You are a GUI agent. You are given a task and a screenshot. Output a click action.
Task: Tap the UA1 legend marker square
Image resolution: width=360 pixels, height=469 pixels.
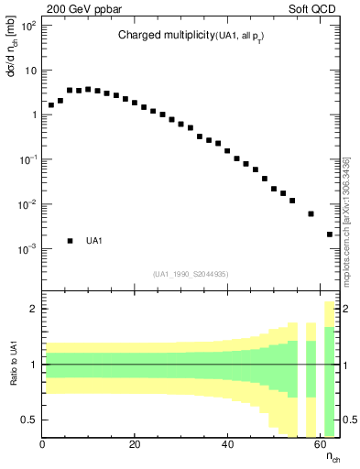point(70,241)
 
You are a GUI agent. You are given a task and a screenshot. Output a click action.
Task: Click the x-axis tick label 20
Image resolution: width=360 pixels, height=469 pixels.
point(135,446)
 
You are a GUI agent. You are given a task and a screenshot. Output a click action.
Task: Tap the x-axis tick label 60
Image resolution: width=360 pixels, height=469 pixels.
point(320,446)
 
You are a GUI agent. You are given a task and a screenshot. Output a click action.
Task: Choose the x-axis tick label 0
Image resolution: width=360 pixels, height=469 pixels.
point(42,446)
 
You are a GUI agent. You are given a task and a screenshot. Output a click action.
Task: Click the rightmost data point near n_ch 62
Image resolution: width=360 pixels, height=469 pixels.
point(330,234)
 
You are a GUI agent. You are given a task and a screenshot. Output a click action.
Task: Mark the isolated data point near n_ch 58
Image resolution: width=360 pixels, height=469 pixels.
point(311,213)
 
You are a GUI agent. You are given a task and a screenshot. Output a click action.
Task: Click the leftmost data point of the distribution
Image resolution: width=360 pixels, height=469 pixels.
point(51,105)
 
